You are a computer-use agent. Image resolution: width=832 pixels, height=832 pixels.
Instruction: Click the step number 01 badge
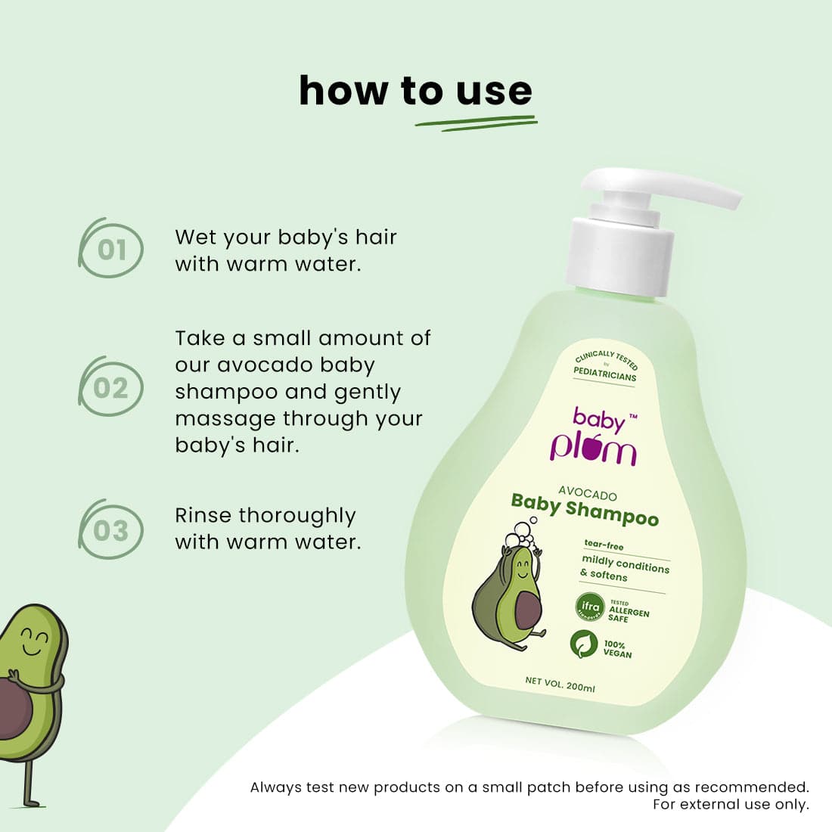coord(111,249)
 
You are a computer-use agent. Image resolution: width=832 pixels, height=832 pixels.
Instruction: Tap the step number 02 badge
coord(111,388)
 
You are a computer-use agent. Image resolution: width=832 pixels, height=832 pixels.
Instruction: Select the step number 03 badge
coord(111,530)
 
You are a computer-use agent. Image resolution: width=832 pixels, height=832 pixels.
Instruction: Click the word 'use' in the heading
coord(494,92)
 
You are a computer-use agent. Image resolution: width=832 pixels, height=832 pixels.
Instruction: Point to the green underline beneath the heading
coord(477,123)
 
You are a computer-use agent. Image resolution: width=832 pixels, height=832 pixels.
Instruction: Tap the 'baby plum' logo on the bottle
coord(595,436)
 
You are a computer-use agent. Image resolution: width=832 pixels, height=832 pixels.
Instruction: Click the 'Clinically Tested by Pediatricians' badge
coord(606,366)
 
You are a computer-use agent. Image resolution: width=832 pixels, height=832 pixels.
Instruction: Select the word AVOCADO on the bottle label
coord(588,495)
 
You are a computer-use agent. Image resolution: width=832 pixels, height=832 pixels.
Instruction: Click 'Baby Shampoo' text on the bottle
coord(585,510)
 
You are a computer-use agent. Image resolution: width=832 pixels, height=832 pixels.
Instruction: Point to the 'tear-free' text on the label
coord(604,545)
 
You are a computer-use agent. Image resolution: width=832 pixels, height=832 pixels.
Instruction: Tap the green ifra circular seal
coord(589,607)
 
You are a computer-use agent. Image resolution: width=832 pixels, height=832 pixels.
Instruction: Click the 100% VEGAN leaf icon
coord(583,644)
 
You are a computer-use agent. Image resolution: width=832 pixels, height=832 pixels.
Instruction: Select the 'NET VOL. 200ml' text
coord(560,684)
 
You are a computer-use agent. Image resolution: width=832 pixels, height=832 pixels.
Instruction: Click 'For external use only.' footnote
coord(731,804)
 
